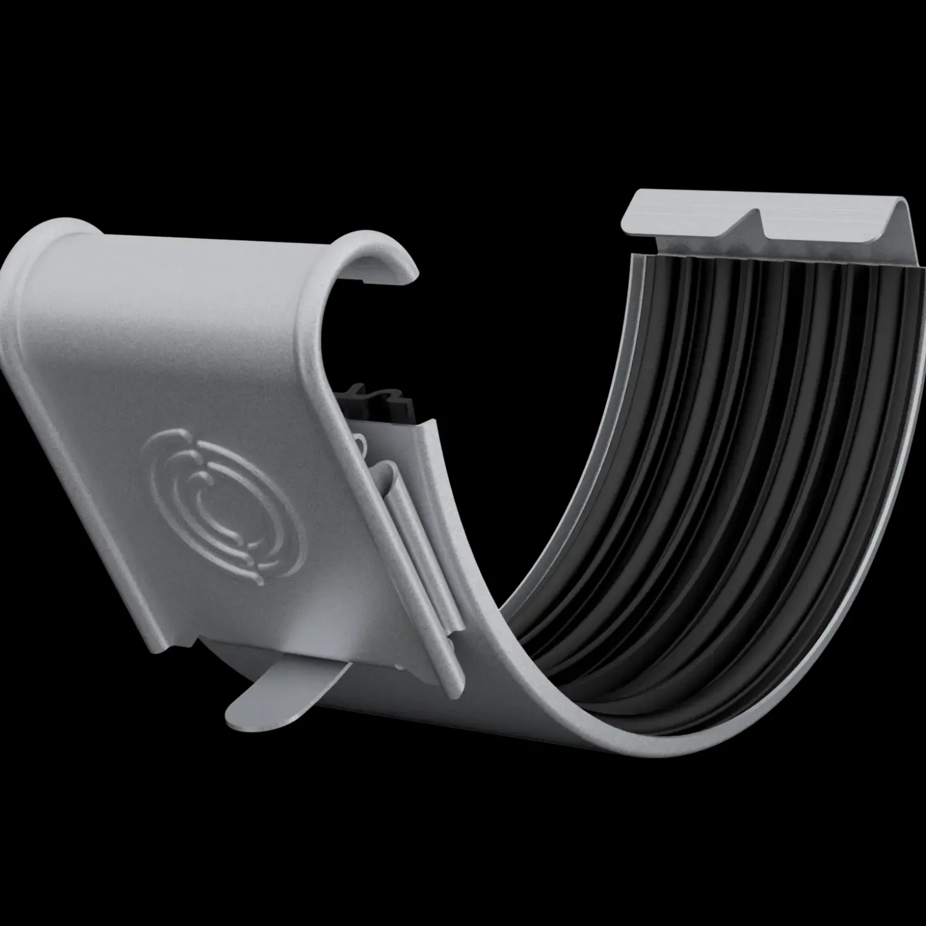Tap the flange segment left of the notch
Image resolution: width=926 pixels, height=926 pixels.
pyautogui.click(x=685, y=212)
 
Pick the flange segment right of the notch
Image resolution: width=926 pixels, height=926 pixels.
pyautogui.click(x=825, y=219)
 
